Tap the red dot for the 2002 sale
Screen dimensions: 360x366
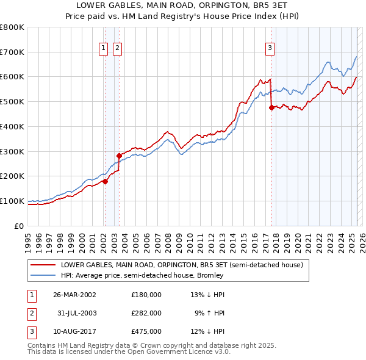point(105,181)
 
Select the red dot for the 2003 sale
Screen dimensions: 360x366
point(120,156)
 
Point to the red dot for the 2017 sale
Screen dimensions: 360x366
point(271,107)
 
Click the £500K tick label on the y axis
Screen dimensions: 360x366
point(12,101)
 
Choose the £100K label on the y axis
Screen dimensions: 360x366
point(12,201)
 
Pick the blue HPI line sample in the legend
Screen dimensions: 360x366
point(43,275)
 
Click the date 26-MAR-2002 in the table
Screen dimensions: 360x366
point(75,295)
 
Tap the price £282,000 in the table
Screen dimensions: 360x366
point(146,313)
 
